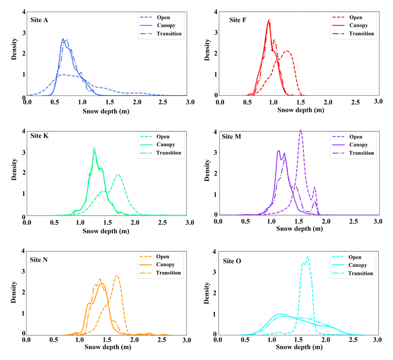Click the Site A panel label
(42, 20)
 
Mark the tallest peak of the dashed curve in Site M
(300, 130)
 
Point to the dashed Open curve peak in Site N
(117, 275)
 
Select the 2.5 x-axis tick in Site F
(355, 102)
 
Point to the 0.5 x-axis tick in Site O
(246, 341)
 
